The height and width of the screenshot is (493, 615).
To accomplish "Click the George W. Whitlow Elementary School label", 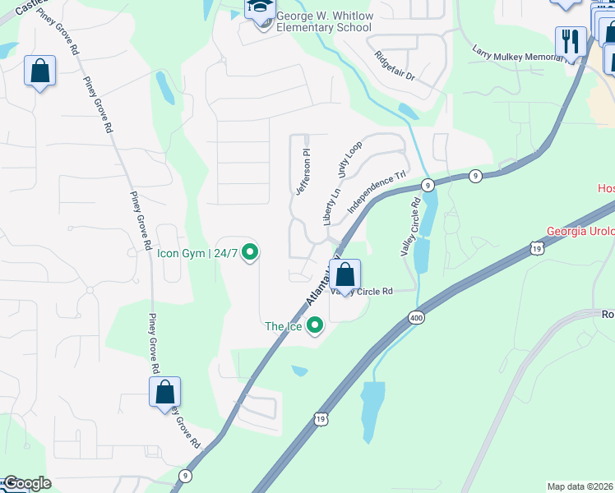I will tap(323, 21).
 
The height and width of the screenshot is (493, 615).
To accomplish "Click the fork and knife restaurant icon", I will tap(570, 41).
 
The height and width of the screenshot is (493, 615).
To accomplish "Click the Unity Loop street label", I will tap(349, 160).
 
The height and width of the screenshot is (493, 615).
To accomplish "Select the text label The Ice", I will tap(284, 327).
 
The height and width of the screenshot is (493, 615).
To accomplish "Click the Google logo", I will tap(26, 483).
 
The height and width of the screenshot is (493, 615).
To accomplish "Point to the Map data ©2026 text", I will tap(580, 486).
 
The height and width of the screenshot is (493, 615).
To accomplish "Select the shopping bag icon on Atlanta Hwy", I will tap(345, 274).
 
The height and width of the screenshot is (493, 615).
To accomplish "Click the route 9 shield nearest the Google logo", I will tap(186, 475).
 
